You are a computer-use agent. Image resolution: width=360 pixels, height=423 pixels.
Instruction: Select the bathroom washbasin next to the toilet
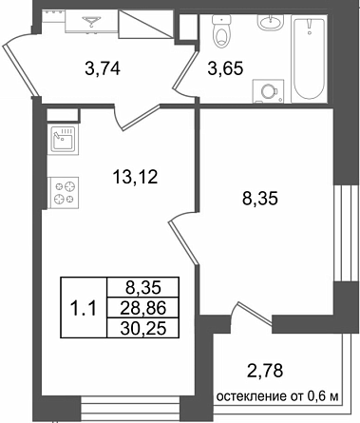(270, 22)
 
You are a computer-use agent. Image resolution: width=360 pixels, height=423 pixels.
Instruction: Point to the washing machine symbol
(268, 91)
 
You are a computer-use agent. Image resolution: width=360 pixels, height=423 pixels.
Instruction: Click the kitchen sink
(63, 140)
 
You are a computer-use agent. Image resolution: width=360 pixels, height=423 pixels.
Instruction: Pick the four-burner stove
(63, 193)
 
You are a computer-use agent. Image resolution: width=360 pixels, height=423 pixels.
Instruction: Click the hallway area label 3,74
(103, 68)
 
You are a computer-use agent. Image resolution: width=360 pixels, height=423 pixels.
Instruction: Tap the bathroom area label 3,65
(225, 68)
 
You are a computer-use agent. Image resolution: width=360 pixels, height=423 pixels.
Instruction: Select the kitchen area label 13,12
(135, 177)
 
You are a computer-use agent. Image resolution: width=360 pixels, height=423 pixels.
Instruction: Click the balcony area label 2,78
(264, 371)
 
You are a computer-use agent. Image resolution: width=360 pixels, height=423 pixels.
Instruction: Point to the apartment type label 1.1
(84, 308)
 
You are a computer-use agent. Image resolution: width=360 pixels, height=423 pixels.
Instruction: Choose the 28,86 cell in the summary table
(143, 308)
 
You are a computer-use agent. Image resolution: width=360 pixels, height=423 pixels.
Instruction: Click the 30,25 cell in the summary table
(143, 329)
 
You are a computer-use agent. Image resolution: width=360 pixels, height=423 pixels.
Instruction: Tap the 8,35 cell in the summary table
(143, 288)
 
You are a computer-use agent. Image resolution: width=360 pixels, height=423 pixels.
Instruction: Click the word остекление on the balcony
(252, 396)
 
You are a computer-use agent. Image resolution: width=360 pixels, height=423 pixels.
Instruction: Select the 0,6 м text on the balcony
(323, 396)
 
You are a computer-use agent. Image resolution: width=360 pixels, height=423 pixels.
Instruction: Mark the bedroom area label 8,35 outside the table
(259, 200)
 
